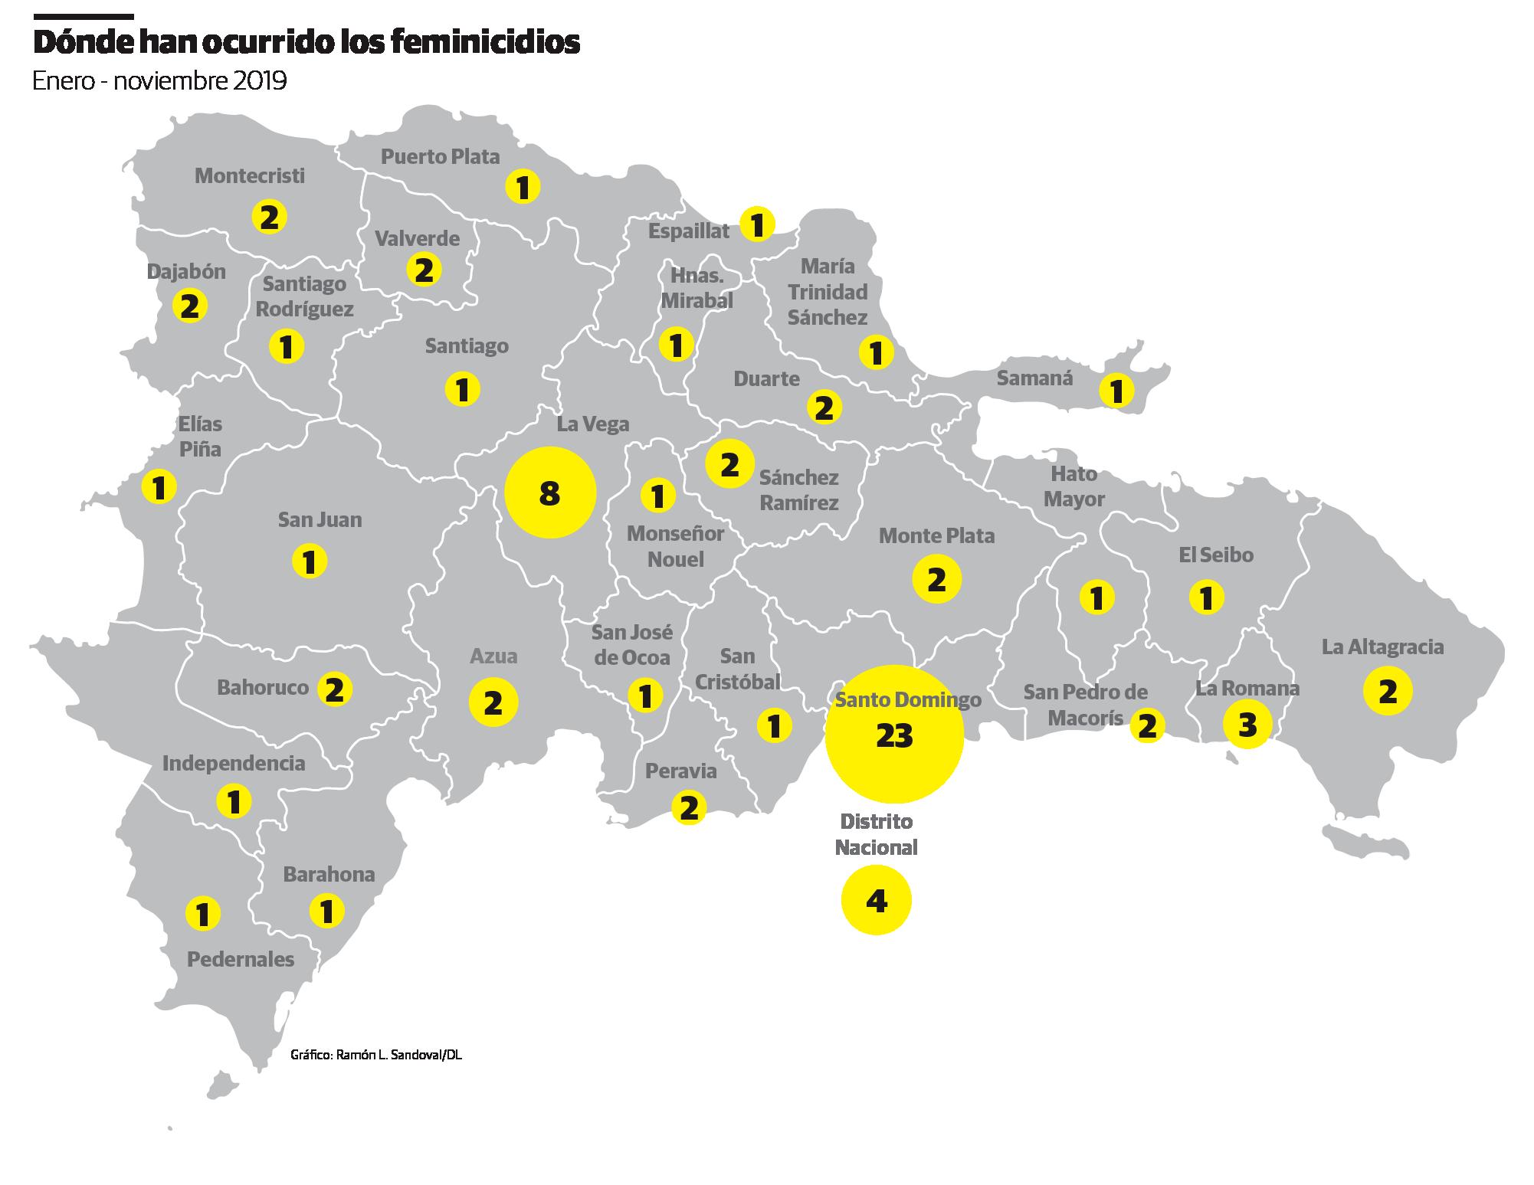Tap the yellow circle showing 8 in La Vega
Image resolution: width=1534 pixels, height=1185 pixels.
[x=549, y=493]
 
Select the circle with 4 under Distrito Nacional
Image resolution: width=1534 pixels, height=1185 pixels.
[x=876, y=900]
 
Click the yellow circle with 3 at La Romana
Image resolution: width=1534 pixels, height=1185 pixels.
[x=1247, y=724]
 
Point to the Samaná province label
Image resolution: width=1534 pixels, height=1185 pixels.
[x=1034, y=378]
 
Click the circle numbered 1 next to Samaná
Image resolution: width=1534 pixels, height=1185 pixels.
[x=1116, y=391]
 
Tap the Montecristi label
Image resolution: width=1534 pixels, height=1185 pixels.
[x=250, y=175]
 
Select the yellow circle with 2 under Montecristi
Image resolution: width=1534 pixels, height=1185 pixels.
[x=269, y=218]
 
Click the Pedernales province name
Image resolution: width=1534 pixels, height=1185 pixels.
[x=241, y=959]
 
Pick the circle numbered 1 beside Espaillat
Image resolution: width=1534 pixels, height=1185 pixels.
[x=757, y=225]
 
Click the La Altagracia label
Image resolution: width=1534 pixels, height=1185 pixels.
[x=1382, y=647]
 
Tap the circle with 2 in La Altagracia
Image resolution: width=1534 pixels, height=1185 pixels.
[x=1387, y=692]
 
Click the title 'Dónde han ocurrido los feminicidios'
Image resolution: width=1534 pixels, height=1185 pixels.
[x=306, y=43]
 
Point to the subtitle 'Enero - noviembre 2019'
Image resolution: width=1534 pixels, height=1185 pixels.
[x=159, y=80]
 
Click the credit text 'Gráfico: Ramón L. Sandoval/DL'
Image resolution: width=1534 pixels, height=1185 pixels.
[x=376, y=1055]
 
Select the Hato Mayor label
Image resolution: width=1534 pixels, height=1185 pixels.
[x=1073, y=486]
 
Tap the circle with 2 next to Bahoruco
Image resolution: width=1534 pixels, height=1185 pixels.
[x=334, y=689]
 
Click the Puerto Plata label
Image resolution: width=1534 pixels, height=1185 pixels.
[x=441, y=157]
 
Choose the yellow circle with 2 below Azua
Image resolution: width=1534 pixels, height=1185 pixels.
[x=493, y=702]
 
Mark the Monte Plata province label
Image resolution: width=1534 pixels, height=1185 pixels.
[x=936, y=535]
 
